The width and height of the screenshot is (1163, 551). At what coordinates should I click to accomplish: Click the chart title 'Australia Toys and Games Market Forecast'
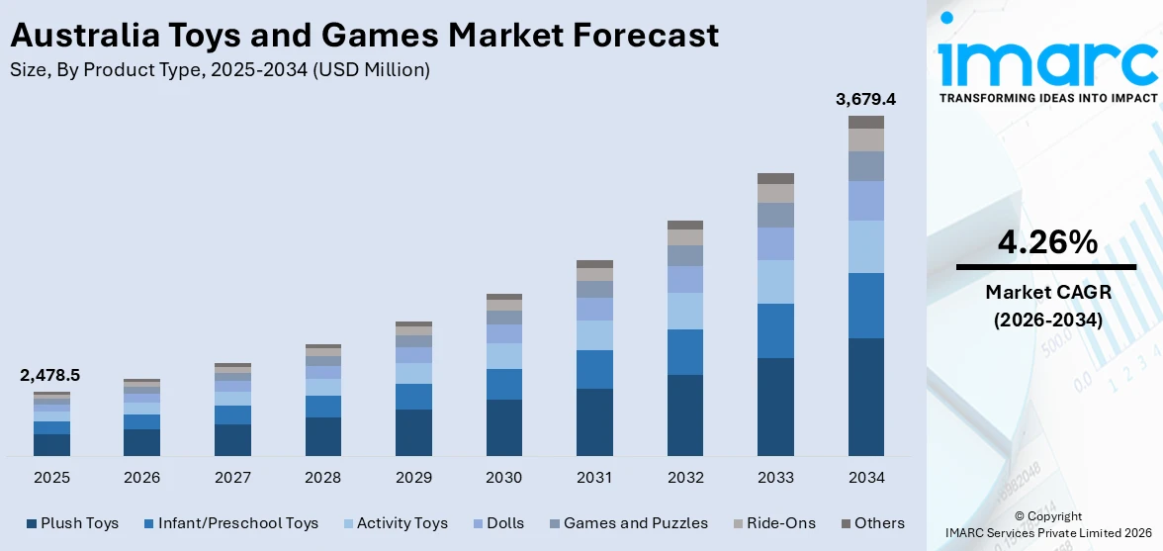click(x=364, y=36)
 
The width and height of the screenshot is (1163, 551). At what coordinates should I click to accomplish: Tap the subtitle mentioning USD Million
click(x=220, y=69)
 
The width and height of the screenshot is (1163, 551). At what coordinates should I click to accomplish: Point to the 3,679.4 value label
click(x=865, y=99)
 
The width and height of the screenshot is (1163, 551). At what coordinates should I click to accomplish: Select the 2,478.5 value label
click(x=50, y=376)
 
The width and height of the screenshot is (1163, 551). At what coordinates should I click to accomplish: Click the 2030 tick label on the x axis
click(x=503, y=478)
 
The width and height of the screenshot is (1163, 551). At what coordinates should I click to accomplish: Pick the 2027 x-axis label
click(x=232, y=478)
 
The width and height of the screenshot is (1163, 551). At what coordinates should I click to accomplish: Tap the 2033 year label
click(x=775, y=478)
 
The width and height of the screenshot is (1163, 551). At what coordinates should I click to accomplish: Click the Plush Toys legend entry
click(x=72, y=523)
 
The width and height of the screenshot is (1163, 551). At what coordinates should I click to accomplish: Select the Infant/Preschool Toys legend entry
click(x=230, y=523)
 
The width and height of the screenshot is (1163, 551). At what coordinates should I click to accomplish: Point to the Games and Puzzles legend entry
click(x=626, y=523)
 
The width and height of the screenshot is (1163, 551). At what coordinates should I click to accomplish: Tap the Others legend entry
click(x=872, y=523)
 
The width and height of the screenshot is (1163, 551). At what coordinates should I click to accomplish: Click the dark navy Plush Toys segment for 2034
click(x=866, y=397)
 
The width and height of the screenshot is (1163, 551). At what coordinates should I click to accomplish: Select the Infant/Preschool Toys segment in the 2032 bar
click(x=685, y=352)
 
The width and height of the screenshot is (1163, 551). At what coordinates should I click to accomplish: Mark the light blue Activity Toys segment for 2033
click(x=775, y=282)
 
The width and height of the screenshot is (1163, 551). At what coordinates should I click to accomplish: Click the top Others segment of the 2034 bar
click(x=866, y=122)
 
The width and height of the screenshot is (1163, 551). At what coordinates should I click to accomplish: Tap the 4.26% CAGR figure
click(x=1045, y=241)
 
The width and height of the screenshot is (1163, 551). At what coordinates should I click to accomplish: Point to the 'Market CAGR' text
click(x=1045, y=292)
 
